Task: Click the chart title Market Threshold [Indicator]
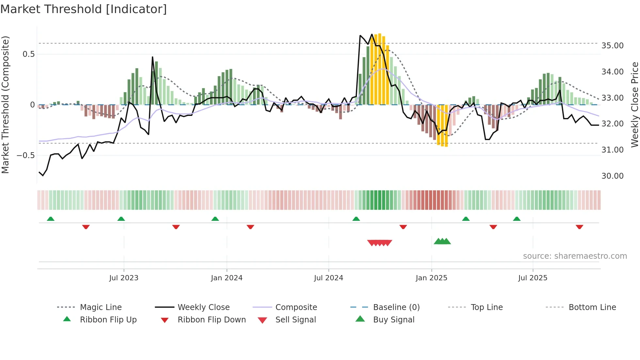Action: (84, 9)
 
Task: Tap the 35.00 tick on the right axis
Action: (612, 46)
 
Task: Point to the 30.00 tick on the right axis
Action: (612, 176)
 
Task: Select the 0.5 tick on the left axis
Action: (28, 54)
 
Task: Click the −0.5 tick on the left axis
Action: (26, 155)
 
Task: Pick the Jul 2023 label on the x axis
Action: (124, 278)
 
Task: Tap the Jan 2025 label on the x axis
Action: (431, 278)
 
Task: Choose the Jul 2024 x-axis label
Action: (328, 278)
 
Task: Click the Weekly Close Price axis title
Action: (634, 105)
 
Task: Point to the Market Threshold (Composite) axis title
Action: (5, 105)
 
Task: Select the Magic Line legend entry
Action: (101, 307)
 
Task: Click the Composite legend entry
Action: (296, 307)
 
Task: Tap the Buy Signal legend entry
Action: (393, 320)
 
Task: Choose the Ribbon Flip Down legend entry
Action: (212, 320)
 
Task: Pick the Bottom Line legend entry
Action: (592, 307)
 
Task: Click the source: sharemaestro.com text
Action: (575, 256)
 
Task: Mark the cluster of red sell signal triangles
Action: (379, 243)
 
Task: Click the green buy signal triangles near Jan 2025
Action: (442, 241)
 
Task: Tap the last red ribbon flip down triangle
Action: (579, 227)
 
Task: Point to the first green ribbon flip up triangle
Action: (51, 219)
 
